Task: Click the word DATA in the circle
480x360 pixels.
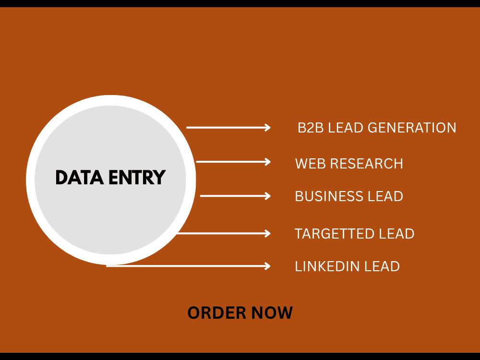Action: pos(79,178)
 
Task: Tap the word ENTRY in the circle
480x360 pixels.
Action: pos(137,178)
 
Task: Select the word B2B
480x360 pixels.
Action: pos(311,128)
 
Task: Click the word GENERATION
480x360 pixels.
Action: pos(412,128)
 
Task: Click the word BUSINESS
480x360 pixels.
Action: pos(329,196)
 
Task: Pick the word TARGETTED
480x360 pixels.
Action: pos(334,234)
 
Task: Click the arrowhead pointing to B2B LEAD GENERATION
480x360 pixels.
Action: pos(267,127)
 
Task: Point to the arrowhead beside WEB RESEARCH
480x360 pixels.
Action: pos(267,162)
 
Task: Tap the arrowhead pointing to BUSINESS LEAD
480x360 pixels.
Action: pos(267,196)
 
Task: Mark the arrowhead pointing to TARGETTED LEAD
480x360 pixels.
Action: pos(267,234)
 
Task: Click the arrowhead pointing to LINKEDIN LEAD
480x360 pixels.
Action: pos(267,266)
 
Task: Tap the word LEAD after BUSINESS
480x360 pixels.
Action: pos(385,196)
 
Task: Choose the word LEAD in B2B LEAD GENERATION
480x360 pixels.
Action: pos(346,128)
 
